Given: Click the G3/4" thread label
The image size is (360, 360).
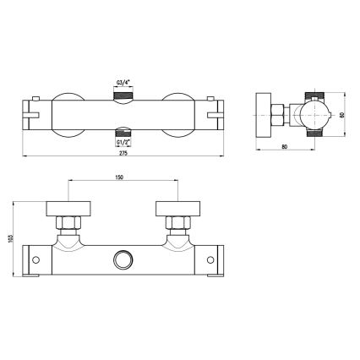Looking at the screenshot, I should (123, 82).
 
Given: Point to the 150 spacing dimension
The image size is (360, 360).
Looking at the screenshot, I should (123, 177).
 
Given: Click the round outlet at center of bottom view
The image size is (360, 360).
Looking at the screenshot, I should (124, 258).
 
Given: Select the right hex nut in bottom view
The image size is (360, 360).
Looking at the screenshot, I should (177, 225).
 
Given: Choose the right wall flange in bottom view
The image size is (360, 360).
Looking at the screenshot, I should (177, 208).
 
